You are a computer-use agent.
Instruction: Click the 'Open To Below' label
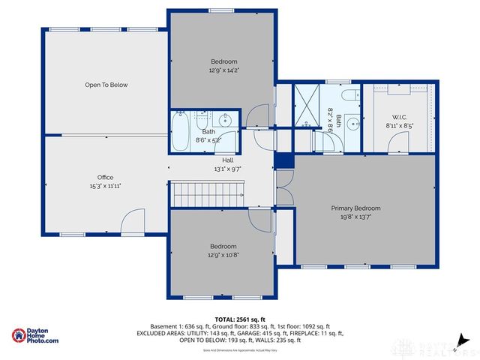(x=105, y=85)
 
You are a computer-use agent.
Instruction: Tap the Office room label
(x=104, y=178)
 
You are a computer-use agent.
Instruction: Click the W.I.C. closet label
(x=399, y=117)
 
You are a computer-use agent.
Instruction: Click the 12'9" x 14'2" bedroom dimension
(x=223, y=70)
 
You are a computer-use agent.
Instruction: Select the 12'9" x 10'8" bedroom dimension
(x=223, y=255)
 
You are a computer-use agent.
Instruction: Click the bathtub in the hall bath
(x=182, y=133)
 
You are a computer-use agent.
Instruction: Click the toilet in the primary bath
(x=350, y=96)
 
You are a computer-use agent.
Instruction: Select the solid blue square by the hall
(x=283, y=160)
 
